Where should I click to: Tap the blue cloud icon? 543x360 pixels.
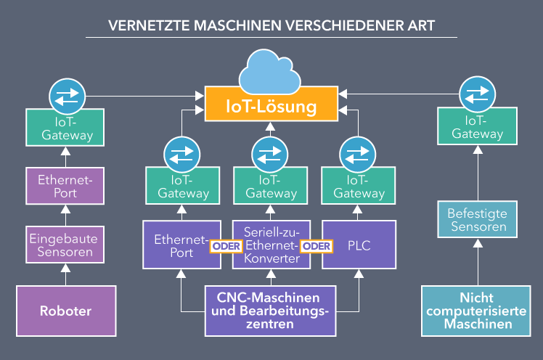coord(271,70)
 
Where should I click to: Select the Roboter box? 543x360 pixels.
coord(66,311)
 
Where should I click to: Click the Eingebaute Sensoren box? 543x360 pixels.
coord(66,245)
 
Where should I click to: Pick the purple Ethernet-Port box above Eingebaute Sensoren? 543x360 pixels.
coord(66,186)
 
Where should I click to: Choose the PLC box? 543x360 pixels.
coord(359,245)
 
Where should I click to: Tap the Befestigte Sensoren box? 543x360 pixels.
coord(476,220)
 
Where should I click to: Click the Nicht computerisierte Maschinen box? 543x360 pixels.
coord(476,311)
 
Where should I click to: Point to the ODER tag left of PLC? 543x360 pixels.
coord(317,246)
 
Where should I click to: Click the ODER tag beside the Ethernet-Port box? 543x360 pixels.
coord(225,246)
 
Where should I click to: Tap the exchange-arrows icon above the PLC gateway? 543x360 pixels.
coord(359,154)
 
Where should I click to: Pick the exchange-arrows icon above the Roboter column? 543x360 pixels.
coord(66,94)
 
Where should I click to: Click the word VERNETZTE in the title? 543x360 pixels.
coord(143,26)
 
